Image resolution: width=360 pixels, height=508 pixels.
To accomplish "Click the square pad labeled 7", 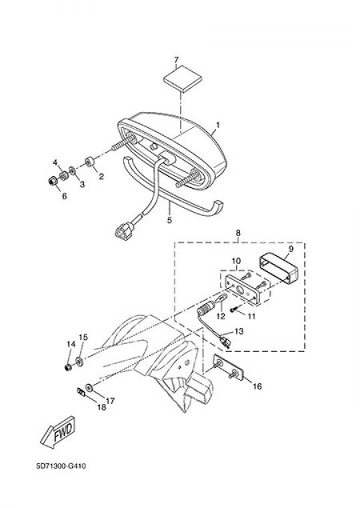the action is point(183,79).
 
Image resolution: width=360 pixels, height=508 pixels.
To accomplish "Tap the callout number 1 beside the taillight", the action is point(218,125).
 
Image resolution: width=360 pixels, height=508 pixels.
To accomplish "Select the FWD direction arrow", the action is point(58,433).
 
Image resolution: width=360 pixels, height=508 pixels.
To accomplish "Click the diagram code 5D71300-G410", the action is point(61,466).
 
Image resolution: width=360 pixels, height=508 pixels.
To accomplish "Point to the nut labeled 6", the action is point(53,181).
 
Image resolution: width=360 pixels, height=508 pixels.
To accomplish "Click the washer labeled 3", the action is point(72,169).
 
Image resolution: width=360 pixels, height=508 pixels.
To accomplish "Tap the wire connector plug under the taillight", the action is point(123,230).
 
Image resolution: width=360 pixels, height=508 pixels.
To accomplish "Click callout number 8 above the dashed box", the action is point(238,233).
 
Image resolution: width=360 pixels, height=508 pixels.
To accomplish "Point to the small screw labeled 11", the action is point(234,309).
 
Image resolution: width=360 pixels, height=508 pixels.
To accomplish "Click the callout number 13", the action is point(239,331).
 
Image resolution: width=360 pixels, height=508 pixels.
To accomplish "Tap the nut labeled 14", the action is point(68,367).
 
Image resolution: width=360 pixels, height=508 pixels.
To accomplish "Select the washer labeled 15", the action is point(79,361).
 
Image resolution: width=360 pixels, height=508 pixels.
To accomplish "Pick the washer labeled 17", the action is point(89,387).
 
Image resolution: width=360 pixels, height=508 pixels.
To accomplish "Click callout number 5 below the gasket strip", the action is point(169,220).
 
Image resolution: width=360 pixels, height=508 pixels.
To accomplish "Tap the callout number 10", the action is point(236,261).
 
